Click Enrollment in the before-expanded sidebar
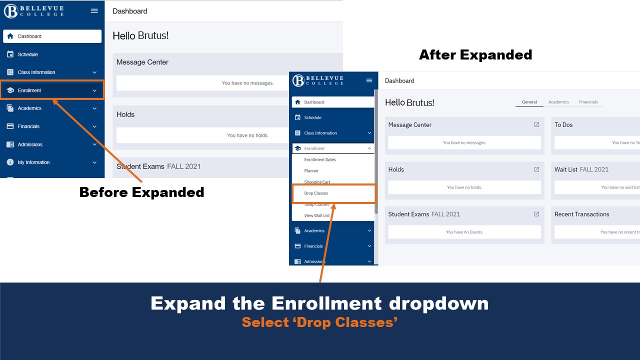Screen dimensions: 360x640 [x=29, y=90]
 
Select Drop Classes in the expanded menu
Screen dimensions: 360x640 [x=316, y=193]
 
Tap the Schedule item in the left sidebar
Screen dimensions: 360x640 [x=28, y=54]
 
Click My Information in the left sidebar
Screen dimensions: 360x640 [x=33, y=162]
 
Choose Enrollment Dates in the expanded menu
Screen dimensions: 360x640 [x=320, y=160]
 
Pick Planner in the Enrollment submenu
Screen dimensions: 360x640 [x=311, y=171]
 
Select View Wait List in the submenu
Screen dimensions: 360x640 [x=316, y=216]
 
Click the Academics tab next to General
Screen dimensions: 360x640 [x=558, y=102]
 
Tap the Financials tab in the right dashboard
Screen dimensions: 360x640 [x=588, y=102]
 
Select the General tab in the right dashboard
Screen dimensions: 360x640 [x=529, y=102]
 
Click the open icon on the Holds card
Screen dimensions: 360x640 [x=536, y=169]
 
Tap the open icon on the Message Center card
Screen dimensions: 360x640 [x=536, y=125]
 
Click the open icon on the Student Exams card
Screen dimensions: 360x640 [x=536, y=214]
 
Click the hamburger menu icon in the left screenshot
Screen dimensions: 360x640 [x=94, y=11]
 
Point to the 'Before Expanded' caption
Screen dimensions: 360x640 [x=141, y=192]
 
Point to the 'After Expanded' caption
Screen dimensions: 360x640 [x=475, y=55]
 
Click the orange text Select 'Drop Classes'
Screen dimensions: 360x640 [x=319, y=322]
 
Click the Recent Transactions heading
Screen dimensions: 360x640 [x=581, y=214]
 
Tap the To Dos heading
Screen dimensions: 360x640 [x=563, y=125]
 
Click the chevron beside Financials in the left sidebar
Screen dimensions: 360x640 [x=94, y=126]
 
